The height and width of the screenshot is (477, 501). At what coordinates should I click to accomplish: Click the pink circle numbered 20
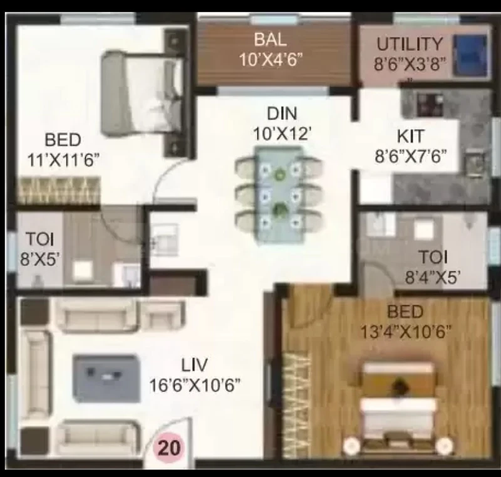[168, 448]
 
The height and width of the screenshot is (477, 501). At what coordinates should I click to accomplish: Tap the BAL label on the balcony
[271, 39]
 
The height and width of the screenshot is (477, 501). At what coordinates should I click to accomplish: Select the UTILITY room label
[410, 44]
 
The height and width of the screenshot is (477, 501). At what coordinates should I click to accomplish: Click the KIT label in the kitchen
[411, 137]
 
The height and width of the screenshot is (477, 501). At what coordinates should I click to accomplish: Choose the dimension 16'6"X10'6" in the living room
[195, 385]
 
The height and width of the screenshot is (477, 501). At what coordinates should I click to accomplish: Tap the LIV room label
[194, 365]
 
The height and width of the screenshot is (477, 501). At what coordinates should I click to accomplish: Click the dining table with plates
[279, 194]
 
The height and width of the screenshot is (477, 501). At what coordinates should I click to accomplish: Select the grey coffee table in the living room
[106, 378]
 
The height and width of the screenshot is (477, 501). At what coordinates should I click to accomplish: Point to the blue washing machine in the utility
[471, 55]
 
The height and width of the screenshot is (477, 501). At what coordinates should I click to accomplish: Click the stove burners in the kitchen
[430, 104]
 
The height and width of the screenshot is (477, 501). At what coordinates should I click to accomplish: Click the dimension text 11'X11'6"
[63, 160]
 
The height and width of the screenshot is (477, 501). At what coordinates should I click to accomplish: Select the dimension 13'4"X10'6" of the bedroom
[406, 332]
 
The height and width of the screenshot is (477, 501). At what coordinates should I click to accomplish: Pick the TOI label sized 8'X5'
[39, 239]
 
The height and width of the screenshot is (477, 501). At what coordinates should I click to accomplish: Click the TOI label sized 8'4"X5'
[433, 257]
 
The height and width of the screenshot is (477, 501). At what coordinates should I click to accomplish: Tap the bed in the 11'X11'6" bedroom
[143, 93]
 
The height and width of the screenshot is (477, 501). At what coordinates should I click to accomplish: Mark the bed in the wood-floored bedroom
[398, 407]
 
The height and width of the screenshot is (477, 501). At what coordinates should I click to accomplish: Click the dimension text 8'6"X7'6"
[411, 157]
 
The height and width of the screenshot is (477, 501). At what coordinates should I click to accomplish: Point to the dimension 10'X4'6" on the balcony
[271, 60]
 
